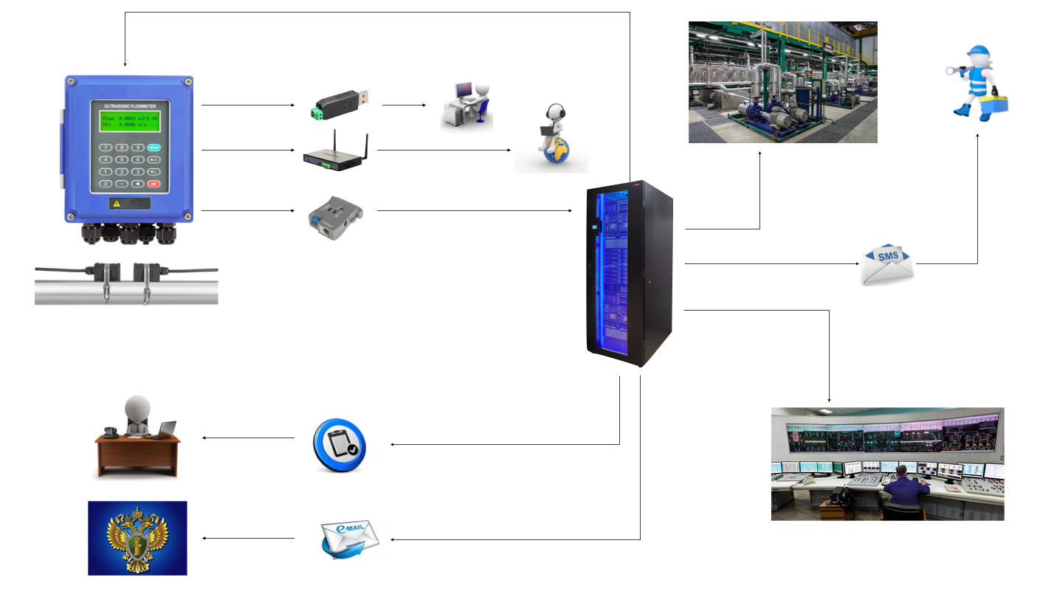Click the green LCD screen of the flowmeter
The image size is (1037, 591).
129,121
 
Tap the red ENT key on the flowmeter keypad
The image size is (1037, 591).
154,183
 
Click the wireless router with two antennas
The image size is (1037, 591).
336,153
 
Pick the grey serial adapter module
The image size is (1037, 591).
336,215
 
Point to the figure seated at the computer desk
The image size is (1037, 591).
480,96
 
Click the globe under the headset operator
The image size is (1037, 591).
556,153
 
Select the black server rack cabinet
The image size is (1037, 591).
629,273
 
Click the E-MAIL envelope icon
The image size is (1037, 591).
350,539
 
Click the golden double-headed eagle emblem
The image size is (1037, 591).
137,539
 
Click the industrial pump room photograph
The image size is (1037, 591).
782,82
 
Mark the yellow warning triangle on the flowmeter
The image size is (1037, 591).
115,202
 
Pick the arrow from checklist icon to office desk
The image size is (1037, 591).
248,438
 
